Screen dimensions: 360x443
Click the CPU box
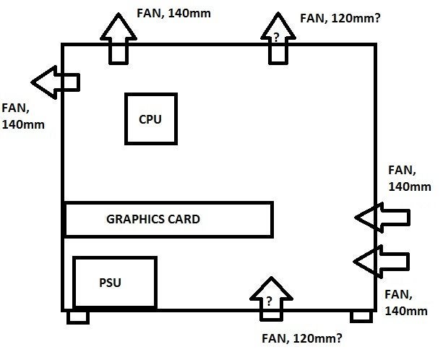[x=150, y=119]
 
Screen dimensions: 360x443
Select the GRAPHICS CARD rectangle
[x=168, y=219]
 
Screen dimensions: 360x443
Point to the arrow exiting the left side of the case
[x=55, y=82]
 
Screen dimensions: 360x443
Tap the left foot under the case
[x=78, y=317]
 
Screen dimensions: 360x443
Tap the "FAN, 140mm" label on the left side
[x=23, y=116]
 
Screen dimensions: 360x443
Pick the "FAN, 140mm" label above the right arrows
[x=409, y=179]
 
